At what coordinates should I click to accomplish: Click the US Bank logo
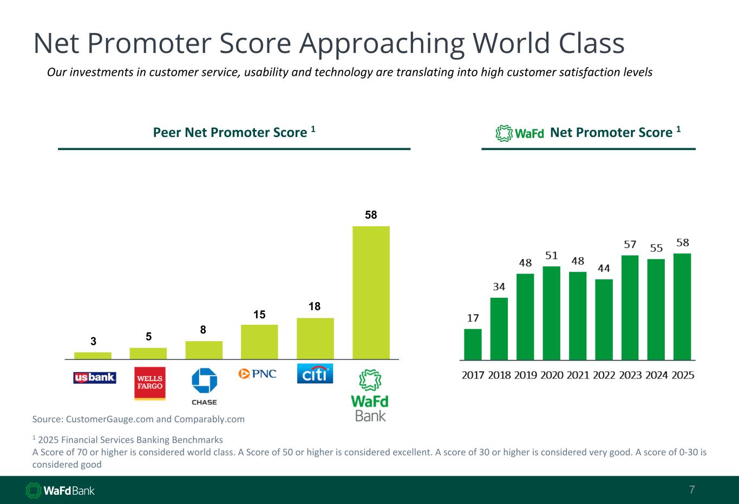click(x=95, y=377)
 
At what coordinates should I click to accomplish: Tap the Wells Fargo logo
click(x=150, y=383)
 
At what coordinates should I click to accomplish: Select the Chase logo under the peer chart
click(x=204, y=387)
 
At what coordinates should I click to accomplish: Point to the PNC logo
click(x=257, y=374)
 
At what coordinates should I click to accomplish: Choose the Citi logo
click(x=315, y=374)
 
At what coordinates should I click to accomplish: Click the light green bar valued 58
click(x=371, y=292)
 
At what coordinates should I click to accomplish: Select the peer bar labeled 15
click(x=259, y=342)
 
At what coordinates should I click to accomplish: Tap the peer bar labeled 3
click(x=93, y=356)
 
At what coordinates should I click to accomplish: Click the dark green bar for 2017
click(x=473, y=344)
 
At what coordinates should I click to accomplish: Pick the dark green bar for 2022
click(x=604, y=319)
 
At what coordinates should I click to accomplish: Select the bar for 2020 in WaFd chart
click(x=551, y=313)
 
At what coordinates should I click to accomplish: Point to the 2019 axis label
click(x=525, y=375)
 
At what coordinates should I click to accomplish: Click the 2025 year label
click(x=683, y=375)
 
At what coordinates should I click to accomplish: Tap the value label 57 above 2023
click(x=630, y=244)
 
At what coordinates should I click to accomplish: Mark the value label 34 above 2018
click(x=499, y=286)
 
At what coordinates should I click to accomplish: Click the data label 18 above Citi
click(x=315, y=306)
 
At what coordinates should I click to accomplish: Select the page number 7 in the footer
click(x=692, y=489)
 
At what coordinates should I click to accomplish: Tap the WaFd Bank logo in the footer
click(x=60, y=490)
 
